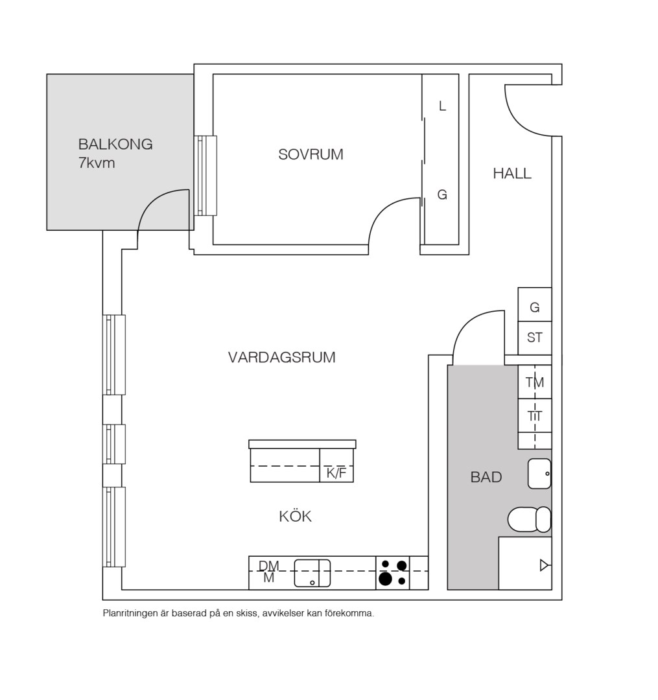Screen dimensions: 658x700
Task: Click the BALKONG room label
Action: point(115,144)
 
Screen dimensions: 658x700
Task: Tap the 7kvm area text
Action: point(97,163)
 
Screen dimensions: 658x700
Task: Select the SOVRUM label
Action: point(311,154)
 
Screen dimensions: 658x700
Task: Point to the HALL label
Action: point(512,173)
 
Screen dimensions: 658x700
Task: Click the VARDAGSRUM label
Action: point(282,358)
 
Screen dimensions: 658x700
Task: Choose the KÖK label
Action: point(295,516)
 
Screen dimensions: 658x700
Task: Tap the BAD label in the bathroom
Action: point(486,477)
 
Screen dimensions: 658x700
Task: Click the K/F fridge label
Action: point(336,472)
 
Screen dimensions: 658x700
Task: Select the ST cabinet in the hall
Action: point(535,338)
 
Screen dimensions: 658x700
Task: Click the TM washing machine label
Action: point(534,382)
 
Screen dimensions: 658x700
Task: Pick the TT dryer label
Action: point(535,416)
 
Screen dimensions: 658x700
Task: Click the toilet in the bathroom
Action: point(530,519)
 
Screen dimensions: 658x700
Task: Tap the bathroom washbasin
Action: point(540,474)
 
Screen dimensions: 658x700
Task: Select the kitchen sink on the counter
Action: point(312,573)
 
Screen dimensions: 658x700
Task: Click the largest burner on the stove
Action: point(386,579)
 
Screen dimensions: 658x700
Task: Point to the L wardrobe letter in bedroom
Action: point(442,106)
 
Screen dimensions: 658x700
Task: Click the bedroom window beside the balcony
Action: point(206,176)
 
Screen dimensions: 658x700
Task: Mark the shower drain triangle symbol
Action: point(544,565)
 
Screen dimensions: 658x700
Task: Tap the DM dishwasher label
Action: point(269,566)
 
